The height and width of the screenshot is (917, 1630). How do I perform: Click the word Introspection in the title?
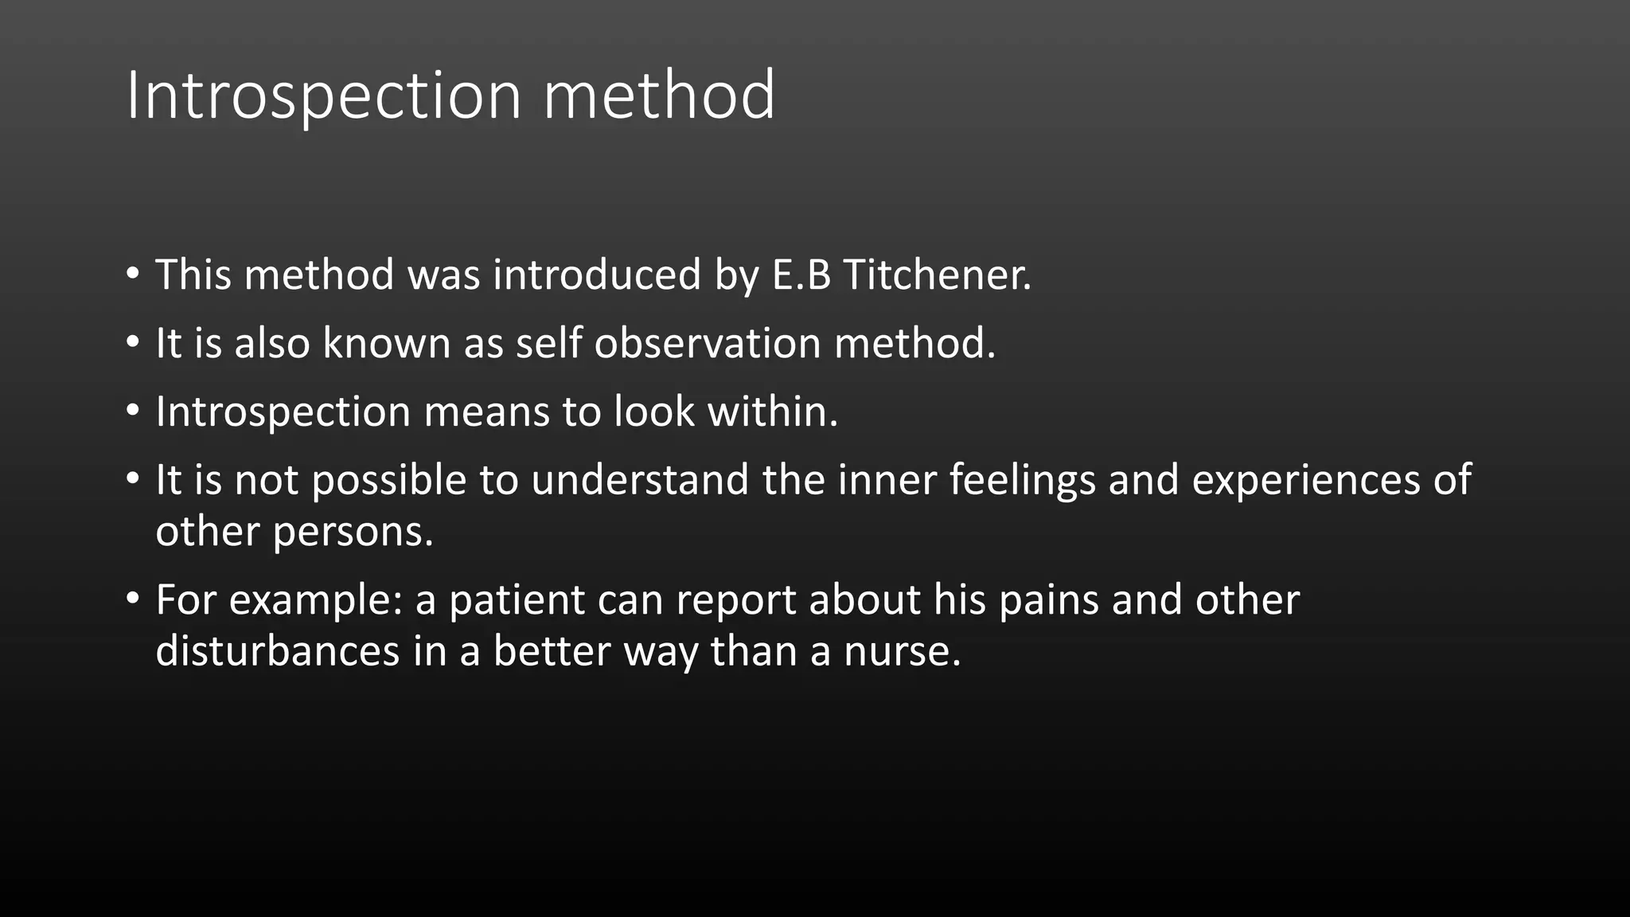point(323,96)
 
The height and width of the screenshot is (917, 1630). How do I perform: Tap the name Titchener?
point(936,275)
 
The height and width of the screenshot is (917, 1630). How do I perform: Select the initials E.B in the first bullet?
point(801,275)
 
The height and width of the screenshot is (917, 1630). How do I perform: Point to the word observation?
point(708,343)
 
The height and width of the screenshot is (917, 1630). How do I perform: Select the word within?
point(772,412)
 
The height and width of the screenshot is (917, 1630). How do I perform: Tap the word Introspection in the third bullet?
point(282,412)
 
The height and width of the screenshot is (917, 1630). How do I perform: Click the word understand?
point(640,480)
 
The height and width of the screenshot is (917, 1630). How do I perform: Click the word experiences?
point(1305,480)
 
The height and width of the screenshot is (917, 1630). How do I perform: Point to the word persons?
point(353,532)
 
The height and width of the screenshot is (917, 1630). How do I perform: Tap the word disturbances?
point(277,651)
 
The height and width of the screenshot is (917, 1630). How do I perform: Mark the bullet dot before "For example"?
point(133,598)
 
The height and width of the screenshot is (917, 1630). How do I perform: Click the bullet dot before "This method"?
point(133,273)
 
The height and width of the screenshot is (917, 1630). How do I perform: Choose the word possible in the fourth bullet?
point(388,480)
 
